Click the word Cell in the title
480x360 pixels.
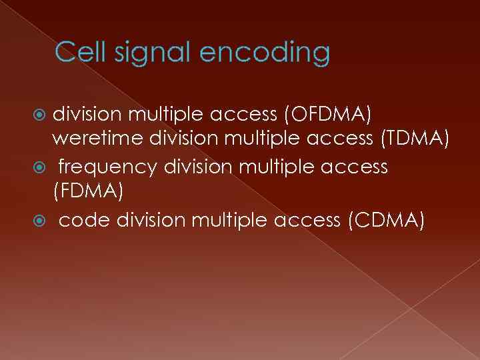coord(77,52)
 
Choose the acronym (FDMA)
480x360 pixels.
coord(87,193)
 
